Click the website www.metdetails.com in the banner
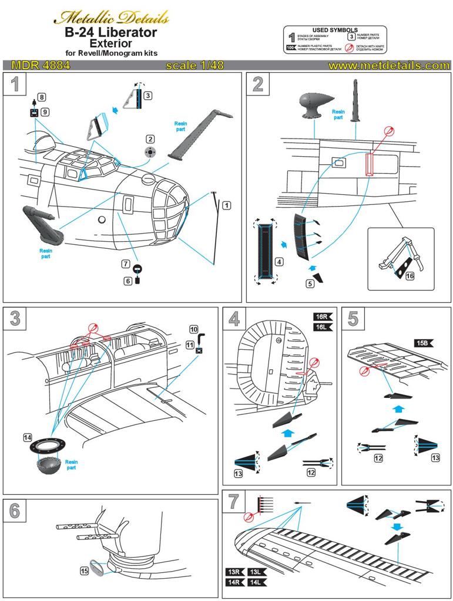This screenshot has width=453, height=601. [389, 66]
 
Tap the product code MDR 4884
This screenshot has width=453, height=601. [37, 66]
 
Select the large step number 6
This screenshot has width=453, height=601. [15, 511]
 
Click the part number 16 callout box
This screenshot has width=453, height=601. [410, 275]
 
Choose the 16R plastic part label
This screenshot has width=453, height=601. [323, 316]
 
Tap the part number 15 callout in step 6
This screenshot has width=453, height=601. [84, 570]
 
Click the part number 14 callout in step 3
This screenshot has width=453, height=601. [27, 437]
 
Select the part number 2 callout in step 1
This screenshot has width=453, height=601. [150, 139]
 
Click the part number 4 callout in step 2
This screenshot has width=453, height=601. [279, 261]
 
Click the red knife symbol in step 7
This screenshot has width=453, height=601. [247, 517]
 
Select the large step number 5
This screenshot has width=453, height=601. [353, 319]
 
